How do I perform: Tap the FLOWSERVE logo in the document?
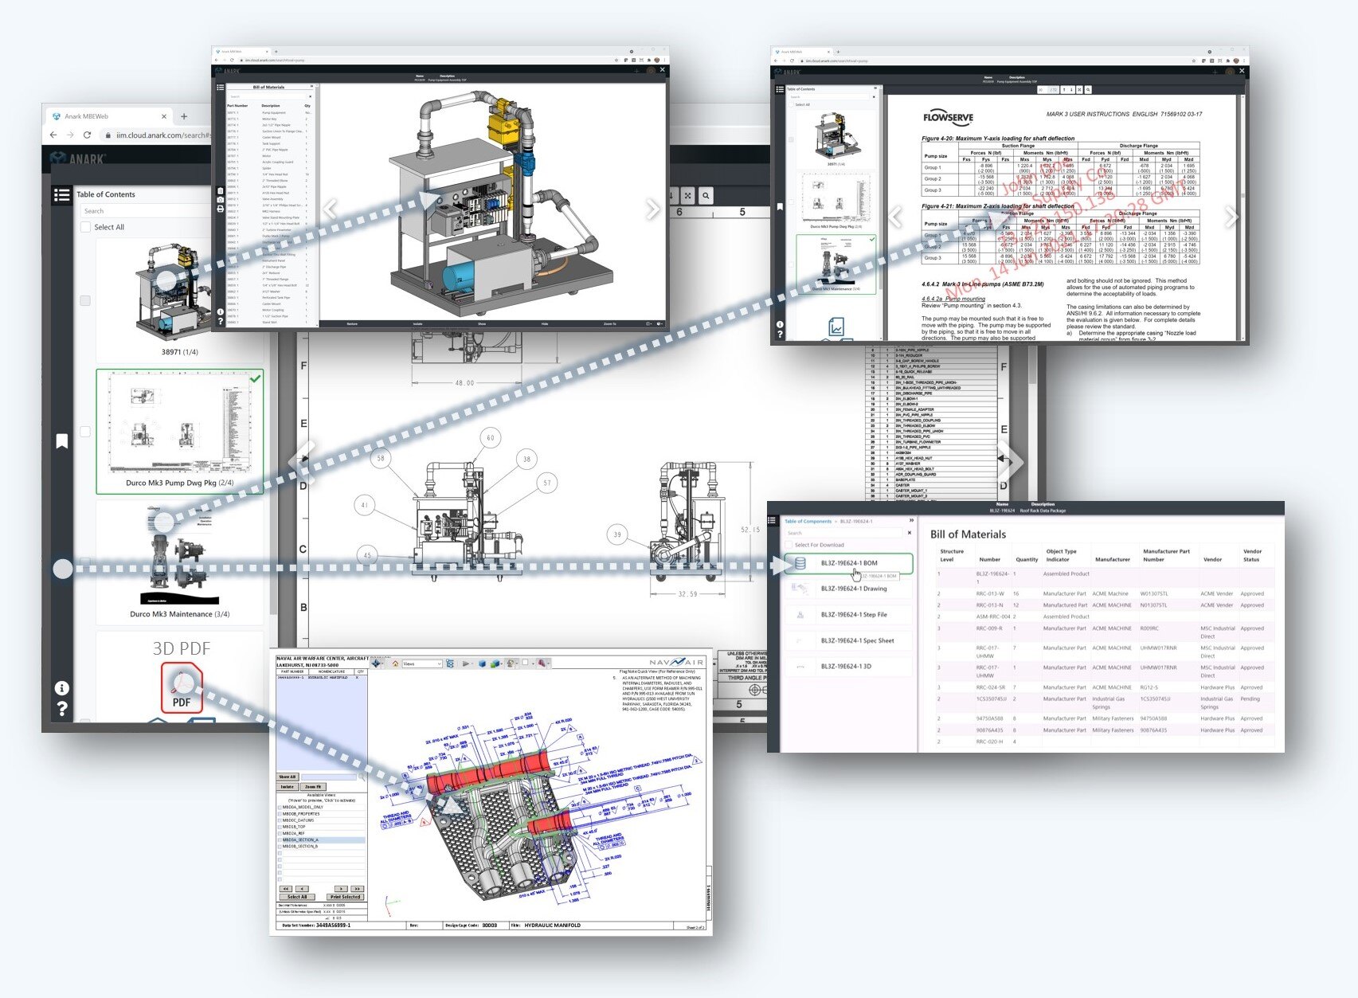point(948,118)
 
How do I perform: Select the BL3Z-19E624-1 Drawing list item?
point(853,589)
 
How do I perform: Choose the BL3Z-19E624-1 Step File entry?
point(853,615)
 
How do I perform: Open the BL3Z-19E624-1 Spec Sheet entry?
point(857,640)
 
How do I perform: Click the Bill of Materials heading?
point(968,534)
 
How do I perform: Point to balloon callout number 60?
point(490,437)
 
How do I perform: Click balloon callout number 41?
point(365,505)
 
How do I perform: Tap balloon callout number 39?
point(617,534)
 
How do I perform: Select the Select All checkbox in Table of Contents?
point(86,227)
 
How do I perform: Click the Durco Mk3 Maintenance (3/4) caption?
point(179,614)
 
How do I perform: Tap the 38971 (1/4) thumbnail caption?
point(179,351)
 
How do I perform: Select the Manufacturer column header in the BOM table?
point(1112,559)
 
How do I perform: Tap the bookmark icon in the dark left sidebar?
point(61,441)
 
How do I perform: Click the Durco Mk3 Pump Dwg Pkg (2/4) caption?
point(179,483)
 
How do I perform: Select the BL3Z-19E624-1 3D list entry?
point(845,666)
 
